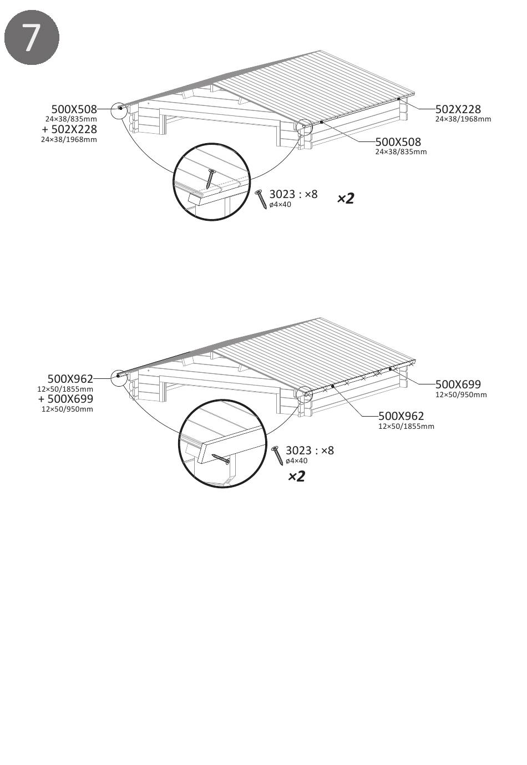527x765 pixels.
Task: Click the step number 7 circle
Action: pos(32,37)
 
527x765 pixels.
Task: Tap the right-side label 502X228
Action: pos(458,109)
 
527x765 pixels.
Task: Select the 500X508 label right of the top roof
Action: pos(398,142)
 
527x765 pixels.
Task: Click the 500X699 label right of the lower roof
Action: pos(458,384)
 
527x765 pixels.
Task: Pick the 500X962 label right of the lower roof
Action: pos(401,416)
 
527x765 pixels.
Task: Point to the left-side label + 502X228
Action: pos(69,129)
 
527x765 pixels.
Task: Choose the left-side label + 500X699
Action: pos(65,399)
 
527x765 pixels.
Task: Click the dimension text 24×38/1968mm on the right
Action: pos(463,119)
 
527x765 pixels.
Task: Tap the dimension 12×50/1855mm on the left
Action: pos(65,389)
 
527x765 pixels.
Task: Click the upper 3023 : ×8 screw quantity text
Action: pos(293,194)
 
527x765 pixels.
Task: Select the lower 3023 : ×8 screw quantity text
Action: pos(310,450)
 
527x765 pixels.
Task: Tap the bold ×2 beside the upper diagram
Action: pos(346,198)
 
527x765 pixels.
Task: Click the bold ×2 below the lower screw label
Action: pos(296,476)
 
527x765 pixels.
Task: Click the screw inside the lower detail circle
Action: pos(221,459)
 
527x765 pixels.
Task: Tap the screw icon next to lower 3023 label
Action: pos(277,455)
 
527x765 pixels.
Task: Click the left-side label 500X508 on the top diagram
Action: pos(74,109)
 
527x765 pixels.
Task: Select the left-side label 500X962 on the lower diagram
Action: pos(70,379)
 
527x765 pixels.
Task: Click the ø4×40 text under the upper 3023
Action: pos(280,205)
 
